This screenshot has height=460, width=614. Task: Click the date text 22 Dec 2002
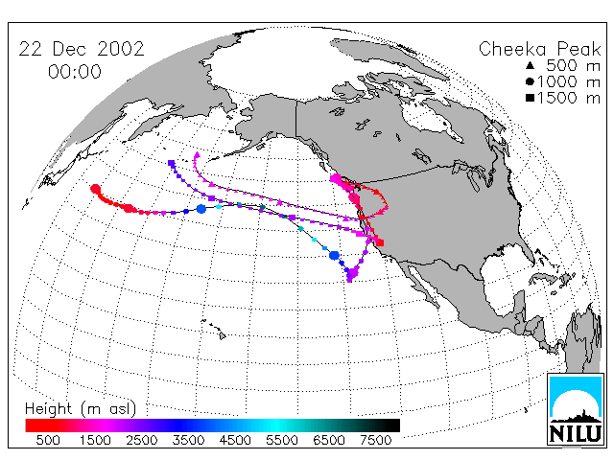(x=82, y=49)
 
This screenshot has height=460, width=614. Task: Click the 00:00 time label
(x=75, y=72)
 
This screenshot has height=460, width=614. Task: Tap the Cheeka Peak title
(x=539, y=49)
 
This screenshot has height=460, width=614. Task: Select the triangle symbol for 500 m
(x=530, y=65)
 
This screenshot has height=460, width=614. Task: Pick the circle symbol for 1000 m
(x=530, y=81)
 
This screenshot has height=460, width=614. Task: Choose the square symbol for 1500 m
(x=530, y=98)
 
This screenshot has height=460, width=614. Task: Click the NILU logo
(x=576, y=409)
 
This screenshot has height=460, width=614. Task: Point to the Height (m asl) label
(x=81, y=409)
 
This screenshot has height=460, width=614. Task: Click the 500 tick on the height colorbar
(x=48, y=440)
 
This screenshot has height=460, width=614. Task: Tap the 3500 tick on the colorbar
(x=188, y=440)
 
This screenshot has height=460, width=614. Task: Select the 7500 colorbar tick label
(x=375, y=440)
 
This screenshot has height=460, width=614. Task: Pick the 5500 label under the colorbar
(x=282, y=440)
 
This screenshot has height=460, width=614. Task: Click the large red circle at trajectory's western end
(x=95, y=190)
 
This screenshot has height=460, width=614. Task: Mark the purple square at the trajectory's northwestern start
(x=171, y=163)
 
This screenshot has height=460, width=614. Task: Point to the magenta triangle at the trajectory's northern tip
(x=197, y=155)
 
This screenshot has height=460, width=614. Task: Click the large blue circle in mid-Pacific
(x=201, y=209)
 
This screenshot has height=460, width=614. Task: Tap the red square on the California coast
(x=380, y=242)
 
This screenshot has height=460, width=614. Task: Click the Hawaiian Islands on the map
(x=214, y=329)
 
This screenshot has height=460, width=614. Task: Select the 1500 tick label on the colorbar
(x=95, y=440)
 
